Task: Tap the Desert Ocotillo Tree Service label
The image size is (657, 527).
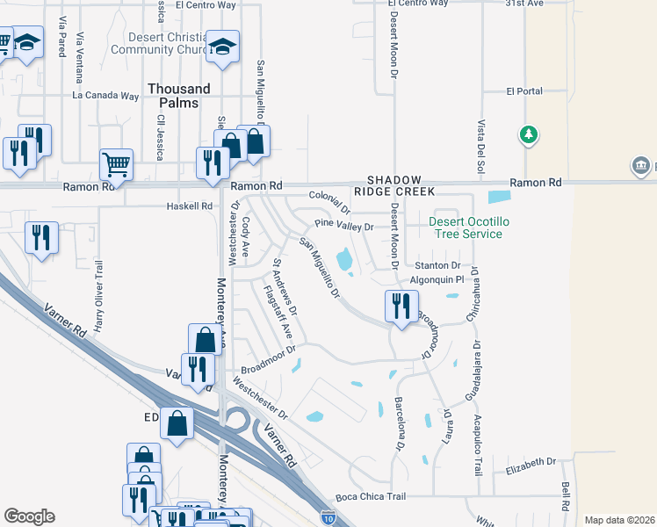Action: (x=466, y=227)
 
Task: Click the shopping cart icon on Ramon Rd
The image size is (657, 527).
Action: (x=116, y=163)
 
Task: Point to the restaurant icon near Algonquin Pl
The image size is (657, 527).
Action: (x=400, y=307)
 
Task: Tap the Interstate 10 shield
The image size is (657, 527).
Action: (x=328, y=518)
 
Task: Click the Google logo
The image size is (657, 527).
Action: (x=29, y=516)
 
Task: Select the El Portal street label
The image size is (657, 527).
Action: (x=525, y=90)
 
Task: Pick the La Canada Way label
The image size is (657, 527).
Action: (x=105, y=95)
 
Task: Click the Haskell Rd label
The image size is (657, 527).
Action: (x=190, y=206)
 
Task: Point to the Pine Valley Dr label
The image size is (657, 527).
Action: (x=344, y=227)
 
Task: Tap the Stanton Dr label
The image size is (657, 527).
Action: (x=437, y=265)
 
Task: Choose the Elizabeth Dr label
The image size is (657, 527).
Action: (x=532, y=461)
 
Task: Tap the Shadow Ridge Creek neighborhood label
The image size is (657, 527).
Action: (x=388, y=184)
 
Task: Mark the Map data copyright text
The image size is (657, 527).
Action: (x=618, y=520)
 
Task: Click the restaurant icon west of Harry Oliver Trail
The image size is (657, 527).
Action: (x=41, y=237)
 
